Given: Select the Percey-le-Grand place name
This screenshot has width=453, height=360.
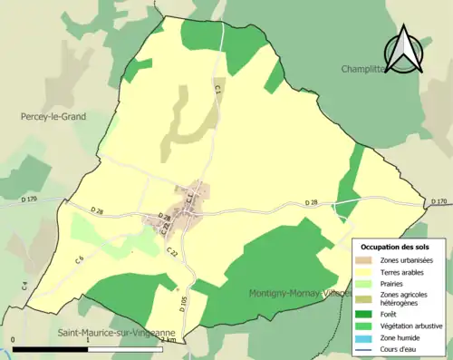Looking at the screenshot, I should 53,117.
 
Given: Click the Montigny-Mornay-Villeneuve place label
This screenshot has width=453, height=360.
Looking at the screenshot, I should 299,293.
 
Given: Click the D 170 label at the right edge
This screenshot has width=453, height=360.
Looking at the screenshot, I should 439,201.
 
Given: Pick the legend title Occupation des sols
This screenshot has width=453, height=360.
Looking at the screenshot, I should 395,246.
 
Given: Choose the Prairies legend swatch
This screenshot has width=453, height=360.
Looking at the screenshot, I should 366,282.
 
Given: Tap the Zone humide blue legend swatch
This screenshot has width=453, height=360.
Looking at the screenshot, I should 366,336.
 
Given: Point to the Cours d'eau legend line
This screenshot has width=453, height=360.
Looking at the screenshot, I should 366,347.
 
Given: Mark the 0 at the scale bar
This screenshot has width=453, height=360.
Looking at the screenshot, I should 14,341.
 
